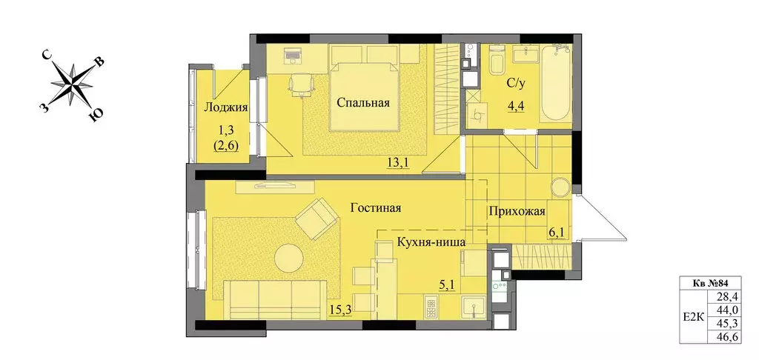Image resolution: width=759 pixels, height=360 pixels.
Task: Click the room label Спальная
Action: click(x=362, y=103)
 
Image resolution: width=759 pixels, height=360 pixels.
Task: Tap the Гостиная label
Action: click(x=376, y=208)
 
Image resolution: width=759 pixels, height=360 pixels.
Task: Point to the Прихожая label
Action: click(x=517, y=212)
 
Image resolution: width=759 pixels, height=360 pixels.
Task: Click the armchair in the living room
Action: click(x=317, y=218)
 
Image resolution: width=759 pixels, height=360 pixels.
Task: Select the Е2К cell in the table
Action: click(x=692, y=316)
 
